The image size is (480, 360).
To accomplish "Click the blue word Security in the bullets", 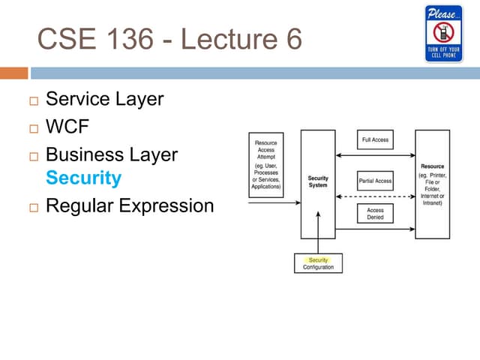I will coord(83,178).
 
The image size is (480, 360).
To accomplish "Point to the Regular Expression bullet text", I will coord(130,205).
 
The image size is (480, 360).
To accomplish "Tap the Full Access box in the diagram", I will coord(375,140).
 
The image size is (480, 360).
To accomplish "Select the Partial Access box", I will coord(375,181).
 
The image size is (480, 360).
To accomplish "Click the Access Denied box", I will coord(375,214).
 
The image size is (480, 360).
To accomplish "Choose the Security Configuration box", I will coord(318,263).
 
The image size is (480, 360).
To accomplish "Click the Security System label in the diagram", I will coord(318,181).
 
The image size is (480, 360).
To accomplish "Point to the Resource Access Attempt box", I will coord(265,164).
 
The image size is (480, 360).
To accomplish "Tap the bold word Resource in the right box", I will coord(433,166).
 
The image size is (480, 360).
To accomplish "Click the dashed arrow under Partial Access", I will coord(375,197).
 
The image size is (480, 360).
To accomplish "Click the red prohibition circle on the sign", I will coord(443,32).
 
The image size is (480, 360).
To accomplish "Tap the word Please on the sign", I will coord(442,13).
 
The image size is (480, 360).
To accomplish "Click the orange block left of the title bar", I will coord(13,73).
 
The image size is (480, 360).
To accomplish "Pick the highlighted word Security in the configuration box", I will coord(318,259).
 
